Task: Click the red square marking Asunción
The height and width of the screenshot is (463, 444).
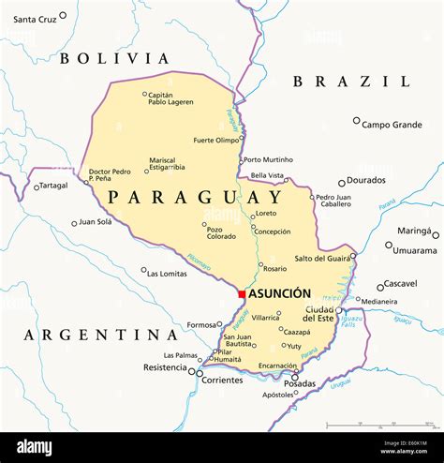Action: point(242,294)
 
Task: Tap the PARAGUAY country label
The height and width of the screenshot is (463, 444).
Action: point(194,198)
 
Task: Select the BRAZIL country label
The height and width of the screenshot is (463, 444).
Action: point(350,82)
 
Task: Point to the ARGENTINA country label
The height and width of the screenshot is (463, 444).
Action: point(101,335)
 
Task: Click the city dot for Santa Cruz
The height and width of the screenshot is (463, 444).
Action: point(63,16)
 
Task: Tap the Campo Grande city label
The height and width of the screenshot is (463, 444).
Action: point(392,124)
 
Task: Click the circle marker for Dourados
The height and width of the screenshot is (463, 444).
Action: point(342,183)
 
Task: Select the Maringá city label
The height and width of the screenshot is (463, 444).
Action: point(414,231)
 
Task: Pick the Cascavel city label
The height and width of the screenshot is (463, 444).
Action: point(400,283)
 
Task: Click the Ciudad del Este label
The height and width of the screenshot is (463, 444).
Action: point(319,314)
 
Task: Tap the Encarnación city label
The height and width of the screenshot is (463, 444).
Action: point(278,366)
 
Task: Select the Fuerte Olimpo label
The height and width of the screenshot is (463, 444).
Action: point(215,140)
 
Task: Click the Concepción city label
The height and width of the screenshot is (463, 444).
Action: point(272,231)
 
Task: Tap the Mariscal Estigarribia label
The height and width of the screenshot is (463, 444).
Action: point(162,165)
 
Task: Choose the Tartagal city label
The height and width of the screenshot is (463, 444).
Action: point(53,186)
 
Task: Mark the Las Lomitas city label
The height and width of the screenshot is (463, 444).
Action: point(168,273)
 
